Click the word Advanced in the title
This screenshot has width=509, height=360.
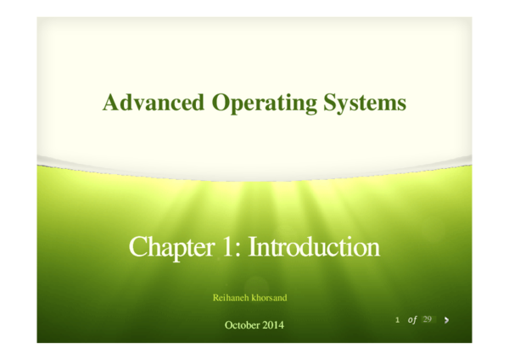154,104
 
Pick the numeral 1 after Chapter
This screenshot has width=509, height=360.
231,248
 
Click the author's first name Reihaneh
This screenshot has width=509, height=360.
231,298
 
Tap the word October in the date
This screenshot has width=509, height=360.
243,325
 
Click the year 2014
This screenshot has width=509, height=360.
273,325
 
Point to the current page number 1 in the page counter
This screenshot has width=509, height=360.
397,319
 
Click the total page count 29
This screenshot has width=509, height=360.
428,319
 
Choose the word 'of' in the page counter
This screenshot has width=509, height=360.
412,319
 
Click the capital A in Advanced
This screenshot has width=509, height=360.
110,104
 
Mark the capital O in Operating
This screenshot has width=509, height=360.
219,104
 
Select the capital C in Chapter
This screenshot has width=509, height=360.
137,248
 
